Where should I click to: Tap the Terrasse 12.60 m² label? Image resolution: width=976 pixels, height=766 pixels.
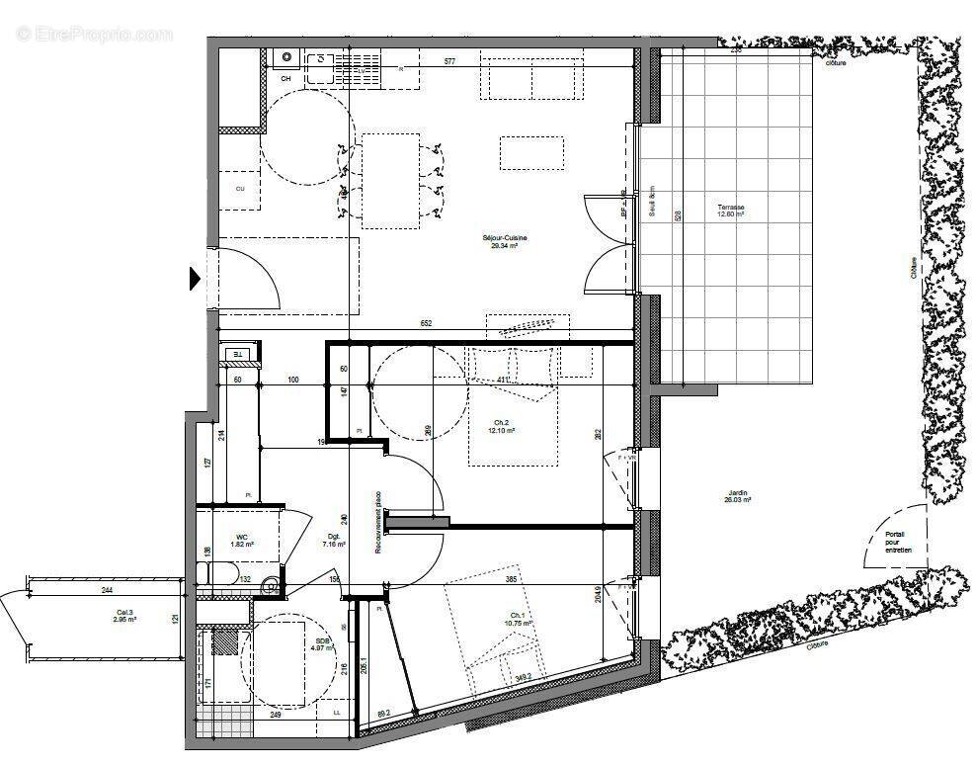tap(731, 211)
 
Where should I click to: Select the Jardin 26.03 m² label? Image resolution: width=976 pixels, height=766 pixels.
tap(737, 496)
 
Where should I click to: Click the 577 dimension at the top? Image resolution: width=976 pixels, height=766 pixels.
tap(449, 62)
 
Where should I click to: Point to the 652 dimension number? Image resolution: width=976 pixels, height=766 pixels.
tap(426, 323)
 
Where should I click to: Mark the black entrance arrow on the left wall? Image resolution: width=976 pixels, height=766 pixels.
tap(195, 280)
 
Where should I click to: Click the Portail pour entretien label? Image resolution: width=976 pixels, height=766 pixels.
tap(899, 542)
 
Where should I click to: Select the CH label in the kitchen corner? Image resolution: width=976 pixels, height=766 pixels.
tap(285, 78)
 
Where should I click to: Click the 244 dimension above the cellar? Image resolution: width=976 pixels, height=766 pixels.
tap(105, 591)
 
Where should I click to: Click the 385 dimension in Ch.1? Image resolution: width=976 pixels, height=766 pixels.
tap(512, 578)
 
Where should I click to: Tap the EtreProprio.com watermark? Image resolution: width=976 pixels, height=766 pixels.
tap(94, 35)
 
